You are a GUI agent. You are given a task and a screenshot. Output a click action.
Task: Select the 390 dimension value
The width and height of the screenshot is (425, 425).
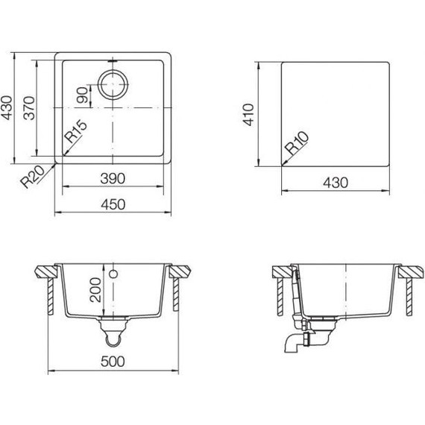point(111,180)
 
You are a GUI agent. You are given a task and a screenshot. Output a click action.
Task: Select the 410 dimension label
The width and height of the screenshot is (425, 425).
point(251,113)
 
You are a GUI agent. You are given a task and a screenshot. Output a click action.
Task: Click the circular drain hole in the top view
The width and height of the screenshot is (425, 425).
point(113,86)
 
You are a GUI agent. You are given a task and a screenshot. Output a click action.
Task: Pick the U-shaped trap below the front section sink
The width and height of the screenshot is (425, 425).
point(113,338)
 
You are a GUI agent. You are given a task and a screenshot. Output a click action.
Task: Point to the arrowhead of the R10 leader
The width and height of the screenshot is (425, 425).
point(284,163)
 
